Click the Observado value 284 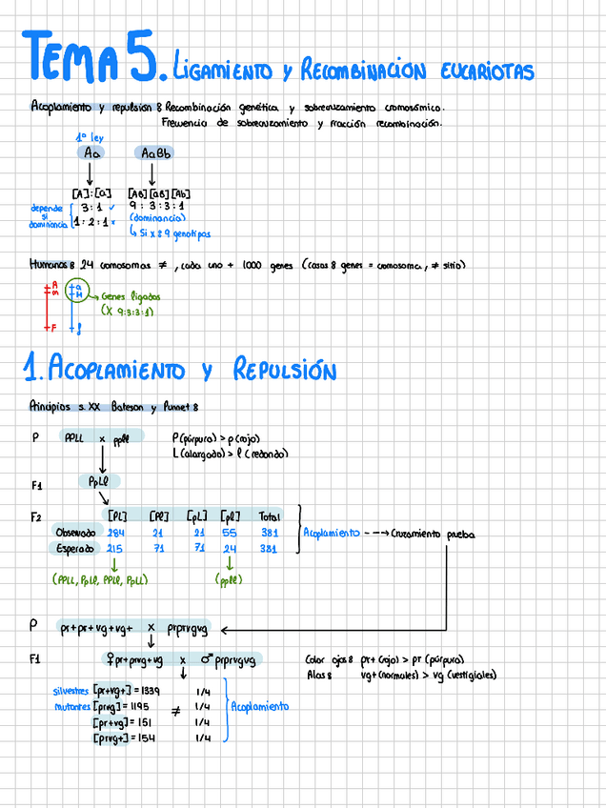point(117,532)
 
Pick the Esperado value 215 point(117,549)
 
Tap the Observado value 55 point(230,532)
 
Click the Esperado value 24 point(230,549)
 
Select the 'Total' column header point(270,515)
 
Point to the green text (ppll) point(230,578)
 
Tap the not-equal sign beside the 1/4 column point(175,711)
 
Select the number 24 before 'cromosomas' point(88,265)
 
